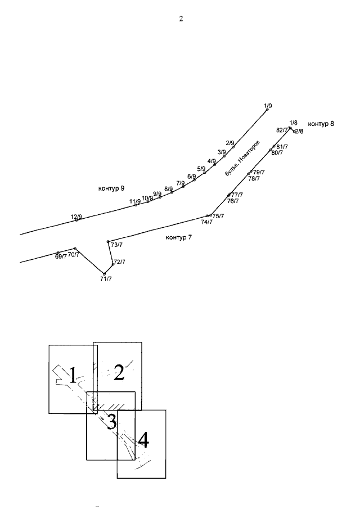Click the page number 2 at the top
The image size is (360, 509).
coord(181,19)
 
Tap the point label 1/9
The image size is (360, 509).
coord(268,106)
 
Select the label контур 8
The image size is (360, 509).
coord(321,123)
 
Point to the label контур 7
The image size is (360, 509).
coord(179,237)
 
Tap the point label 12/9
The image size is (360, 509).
coord(76,217)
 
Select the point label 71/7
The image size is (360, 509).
coord(106,279)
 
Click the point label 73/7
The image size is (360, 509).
coord(117,245)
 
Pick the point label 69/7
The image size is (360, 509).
coord(61,256)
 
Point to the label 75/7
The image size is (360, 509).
coord(218,216)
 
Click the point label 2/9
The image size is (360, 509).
coord(230,143)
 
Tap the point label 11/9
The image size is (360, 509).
coord(135,201)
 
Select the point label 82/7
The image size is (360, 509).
coord(282,130)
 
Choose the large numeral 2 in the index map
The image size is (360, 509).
coord(119,372)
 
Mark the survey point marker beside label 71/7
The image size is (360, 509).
coord(104,273)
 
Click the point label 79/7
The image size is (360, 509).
coord(259,172)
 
